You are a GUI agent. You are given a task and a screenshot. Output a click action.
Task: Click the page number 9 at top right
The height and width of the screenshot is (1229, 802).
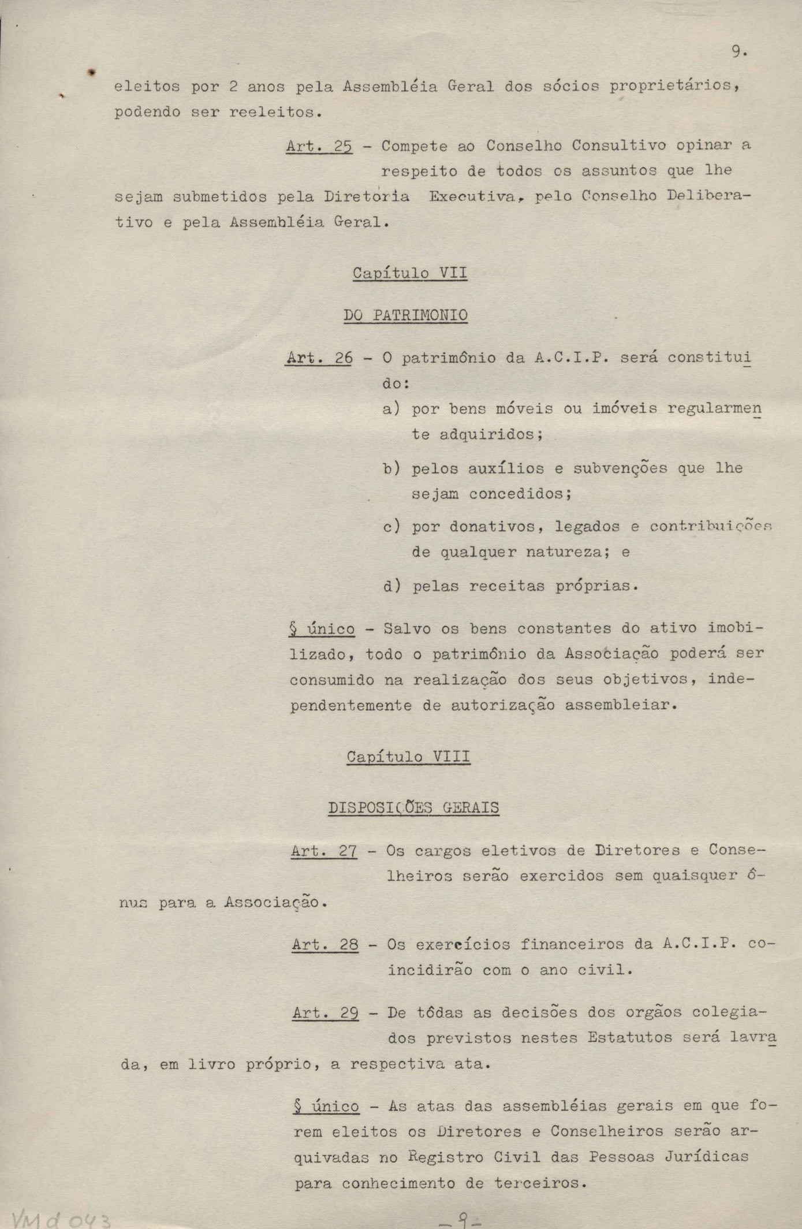tap(738, 52)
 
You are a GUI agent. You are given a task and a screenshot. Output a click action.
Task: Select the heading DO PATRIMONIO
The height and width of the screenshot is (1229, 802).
tap(405, 315)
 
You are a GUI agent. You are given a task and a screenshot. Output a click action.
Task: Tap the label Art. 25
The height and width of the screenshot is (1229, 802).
tap(319, 146)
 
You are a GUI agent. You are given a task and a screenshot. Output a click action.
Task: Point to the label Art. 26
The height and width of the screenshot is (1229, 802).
tap(319, 358)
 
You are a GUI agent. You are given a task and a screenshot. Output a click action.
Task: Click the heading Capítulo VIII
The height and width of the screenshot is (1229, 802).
tap(408, 757)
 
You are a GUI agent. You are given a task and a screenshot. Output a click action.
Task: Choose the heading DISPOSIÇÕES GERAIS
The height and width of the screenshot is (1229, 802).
tap(413, 807)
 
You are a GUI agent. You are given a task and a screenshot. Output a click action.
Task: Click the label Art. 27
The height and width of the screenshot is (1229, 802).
tap(324, 851)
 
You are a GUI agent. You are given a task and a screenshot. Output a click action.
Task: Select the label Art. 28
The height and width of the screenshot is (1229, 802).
tap(325, 945)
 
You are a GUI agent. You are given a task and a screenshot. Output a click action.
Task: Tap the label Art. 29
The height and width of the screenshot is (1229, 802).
tap(326, 1013)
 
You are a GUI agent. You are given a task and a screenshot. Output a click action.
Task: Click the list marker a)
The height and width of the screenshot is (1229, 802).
tap(391, 409)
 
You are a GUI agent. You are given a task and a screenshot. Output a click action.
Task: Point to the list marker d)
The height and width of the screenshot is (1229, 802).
tap(391, 587)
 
